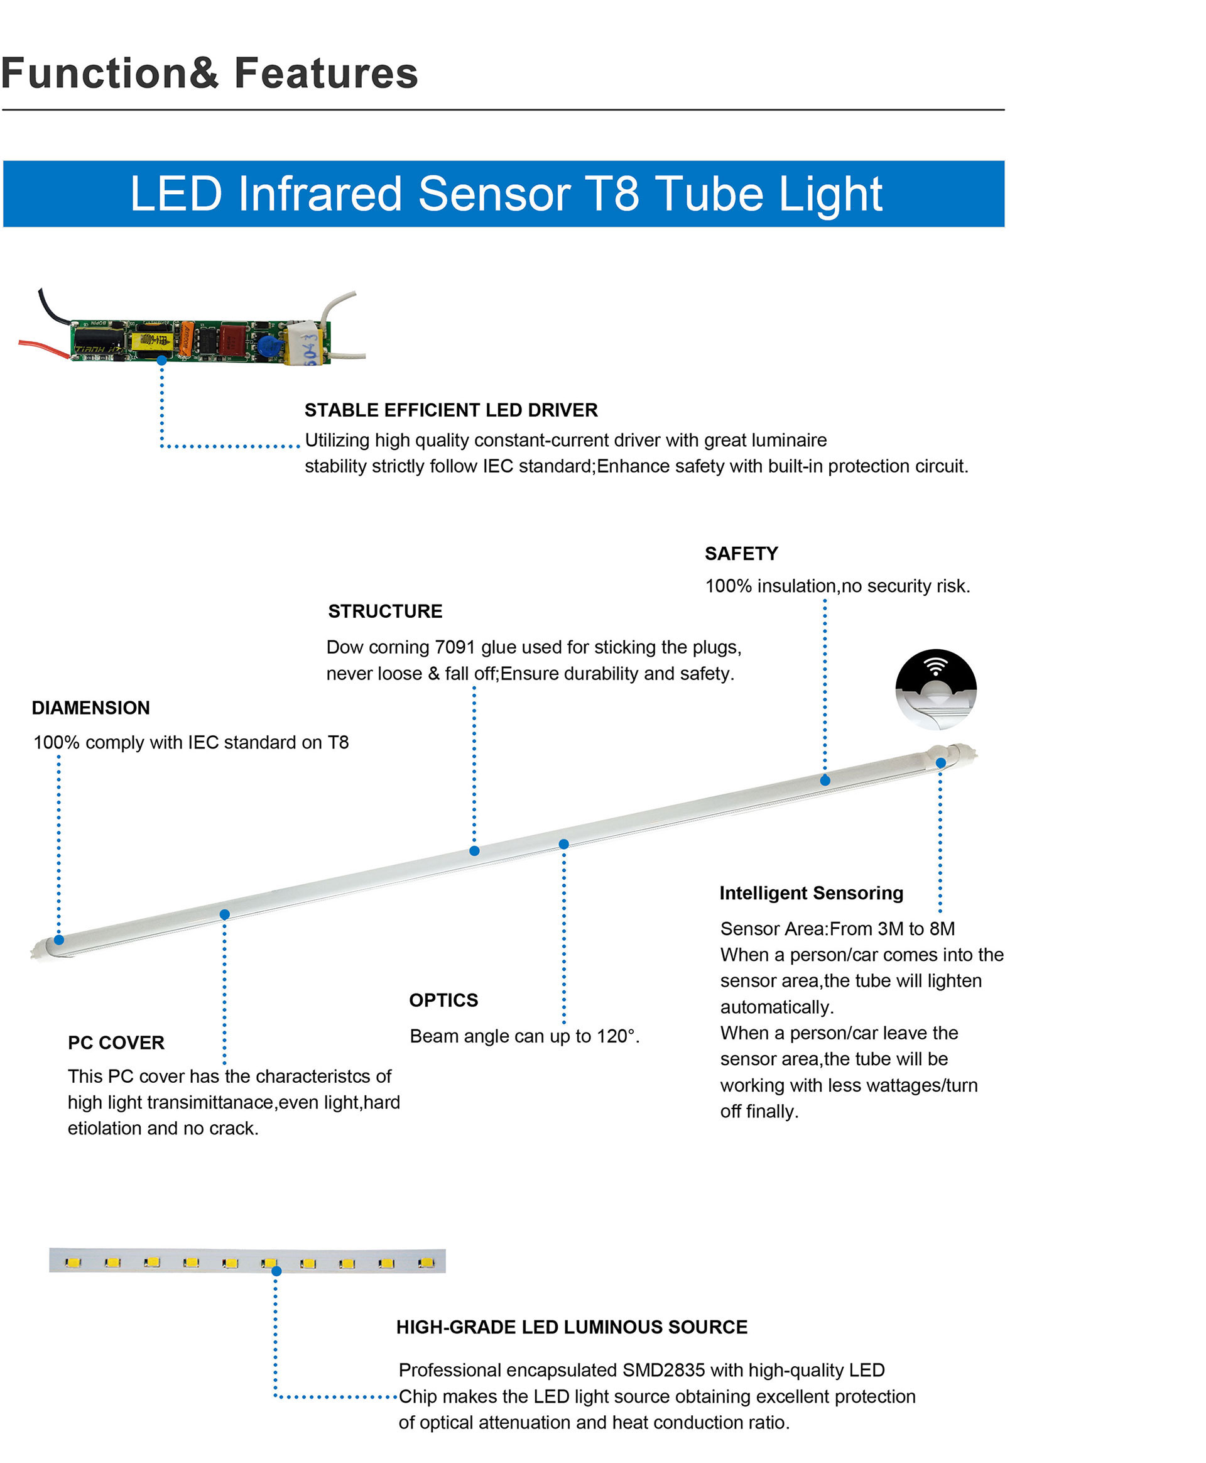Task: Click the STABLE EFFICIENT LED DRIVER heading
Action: coord(451,410)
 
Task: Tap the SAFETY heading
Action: coord(741,553)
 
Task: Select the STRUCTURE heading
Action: coord(385,611)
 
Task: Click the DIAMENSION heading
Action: coord(91,708)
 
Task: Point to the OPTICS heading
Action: coord(443,1000)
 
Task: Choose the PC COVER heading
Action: coord(116,1043)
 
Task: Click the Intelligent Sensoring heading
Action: coord(812,894)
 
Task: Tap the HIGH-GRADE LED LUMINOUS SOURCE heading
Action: coord(572,1327)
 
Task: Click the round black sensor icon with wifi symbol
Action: coord(936,689)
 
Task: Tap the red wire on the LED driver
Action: coord(43,348)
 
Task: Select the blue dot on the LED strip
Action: coord(276,1271)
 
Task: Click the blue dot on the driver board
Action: coord(162,360)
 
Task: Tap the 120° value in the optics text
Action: coord(617,1036)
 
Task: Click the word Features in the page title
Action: coord(326,73)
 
